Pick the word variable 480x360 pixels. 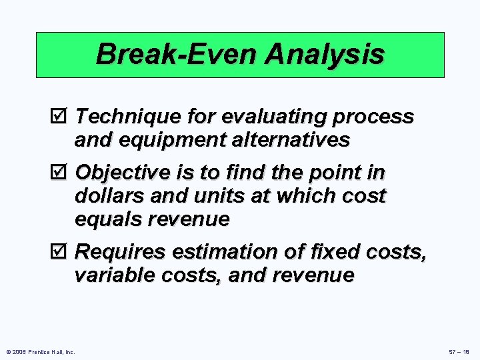pyautogui.click(x=111, y=275)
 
